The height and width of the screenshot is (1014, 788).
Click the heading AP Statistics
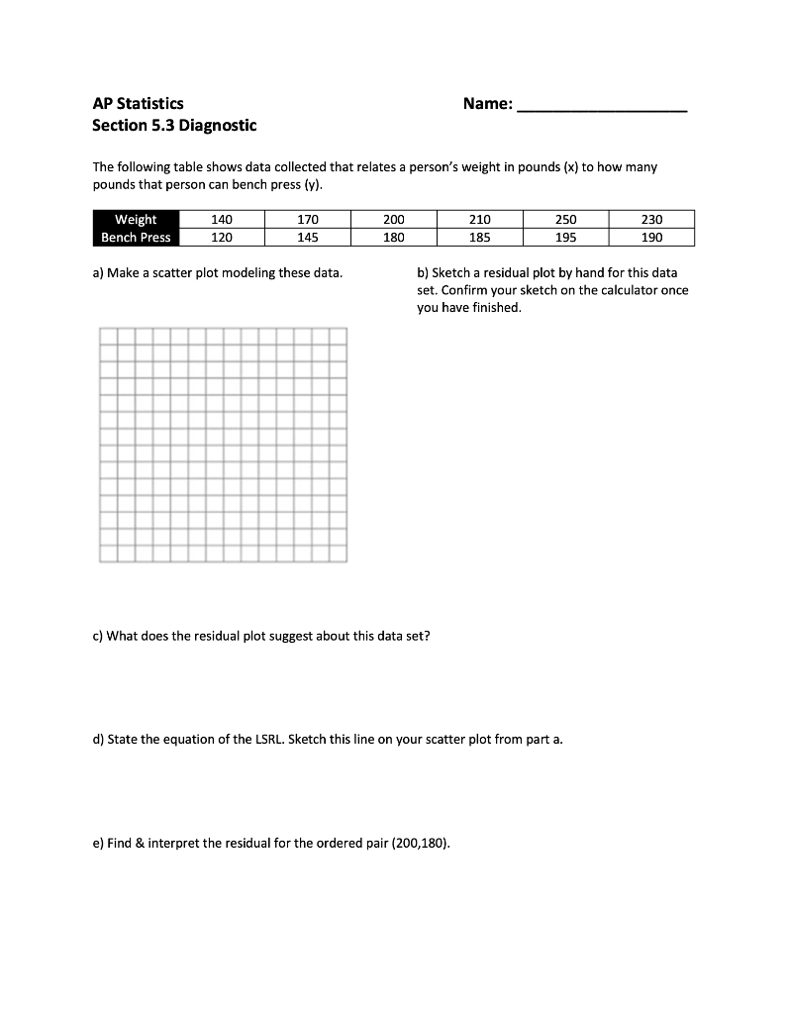coord(138,103)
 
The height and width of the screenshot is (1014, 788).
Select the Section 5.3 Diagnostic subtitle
coord(174,126)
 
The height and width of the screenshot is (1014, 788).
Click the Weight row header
coord(136,220)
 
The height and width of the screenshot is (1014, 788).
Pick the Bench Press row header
coord(136,238)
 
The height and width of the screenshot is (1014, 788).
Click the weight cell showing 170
coord(307,220)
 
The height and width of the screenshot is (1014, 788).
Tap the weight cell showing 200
coord(393,220)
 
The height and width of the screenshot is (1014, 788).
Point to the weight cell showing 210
coord(479,220)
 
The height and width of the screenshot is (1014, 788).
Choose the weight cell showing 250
coord(565,220)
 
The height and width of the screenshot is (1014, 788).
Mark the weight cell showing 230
coord(651,220)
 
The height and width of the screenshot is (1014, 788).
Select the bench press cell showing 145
coord(307,238)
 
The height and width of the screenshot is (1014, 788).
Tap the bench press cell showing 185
coord(479,238)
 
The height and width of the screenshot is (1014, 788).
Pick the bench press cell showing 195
coord(565,238)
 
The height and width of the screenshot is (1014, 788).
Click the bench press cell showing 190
coord(651,238)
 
